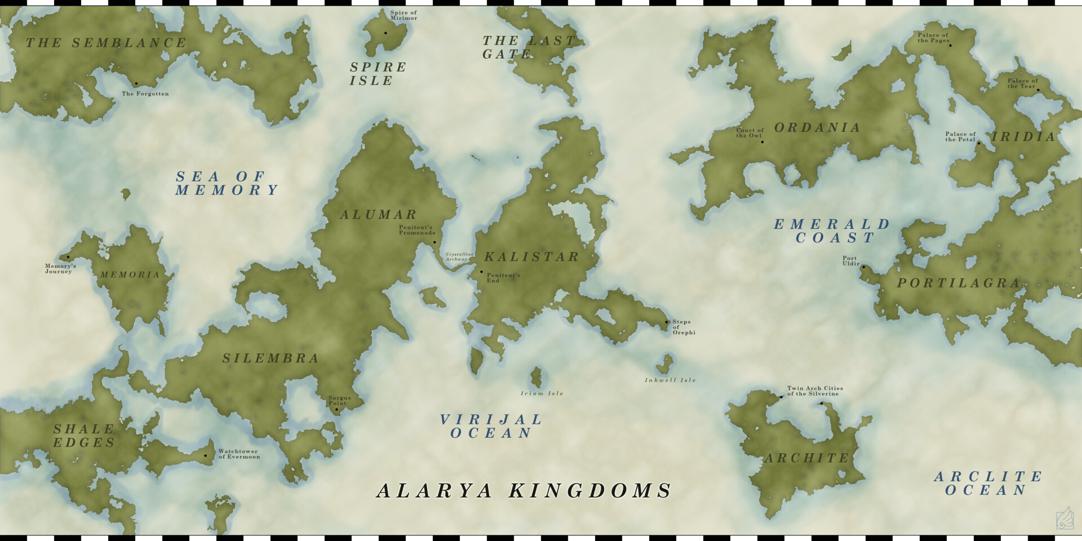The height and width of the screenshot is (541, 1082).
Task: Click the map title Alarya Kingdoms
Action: pyautogui.click(x=524, y=491)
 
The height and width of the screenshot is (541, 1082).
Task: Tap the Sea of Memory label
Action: pyautogui.click(x=227, y=184)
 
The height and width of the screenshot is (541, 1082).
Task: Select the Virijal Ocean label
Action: pyautogui.click(x=490, y=427)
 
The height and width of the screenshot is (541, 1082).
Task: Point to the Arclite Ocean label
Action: pyautogui.click(x=988, y=484)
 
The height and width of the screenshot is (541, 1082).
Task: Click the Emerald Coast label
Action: pyautogui.click(x=832, y=231)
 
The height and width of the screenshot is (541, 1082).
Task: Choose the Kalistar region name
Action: pyautogui.click(x=532, y=257)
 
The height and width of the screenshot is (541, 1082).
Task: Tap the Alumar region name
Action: pyautogui.click(x=378, y=215)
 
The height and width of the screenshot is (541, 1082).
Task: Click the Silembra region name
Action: pyautogui.click(x=270, y=358)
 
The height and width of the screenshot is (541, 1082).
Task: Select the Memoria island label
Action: pyautogui.click(x=130, y=275)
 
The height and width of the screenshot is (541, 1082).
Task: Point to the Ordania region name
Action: pyautogui.click(x=817, y=128)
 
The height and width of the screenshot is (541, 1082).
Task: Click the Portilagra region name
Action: pyautogui.click(x=959, y=283)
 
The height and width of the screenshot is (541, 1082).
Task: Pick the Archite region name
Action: pyautogui.click(x=806, y=458)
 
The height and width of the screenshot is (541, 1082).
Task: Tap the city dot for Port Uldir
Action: pyautogui.click(x=863, y=267)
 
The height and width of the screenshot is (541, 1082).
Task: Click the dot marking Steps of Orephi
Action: pyautogui.click(x=667, y=322)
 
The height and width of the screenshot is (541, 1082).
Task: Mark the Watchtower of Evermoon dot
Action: pyautogui.click(x=205, y=455)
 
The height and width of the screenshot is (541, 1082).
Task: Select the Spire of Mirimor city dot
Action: pyautogui.click(x=385, y=33)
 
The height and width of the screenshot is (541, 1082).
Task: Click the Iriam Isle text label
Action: pyautogui.click(x=542, y=393)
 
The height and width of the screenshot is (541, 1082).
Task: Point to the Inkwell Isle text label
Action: pyautogui.click(x=670, y=380)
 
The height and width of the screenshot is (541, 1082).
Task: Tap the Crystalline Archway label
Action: pyautogui.click(x=459, y=256)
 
